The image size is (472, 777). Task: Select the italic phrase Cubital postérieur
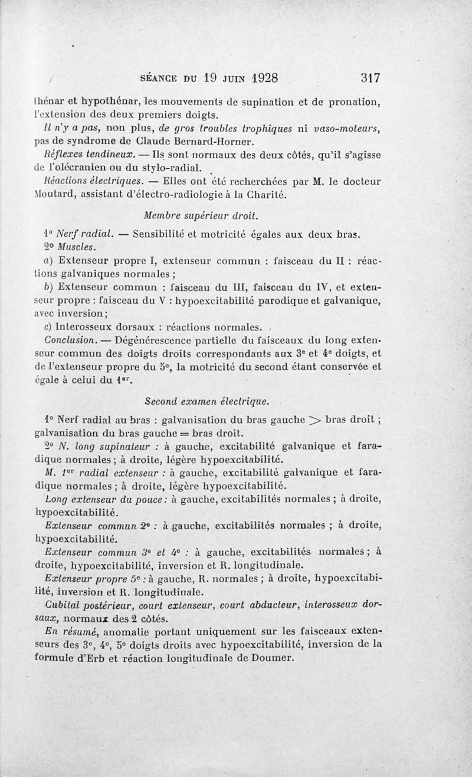[98, 605]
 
